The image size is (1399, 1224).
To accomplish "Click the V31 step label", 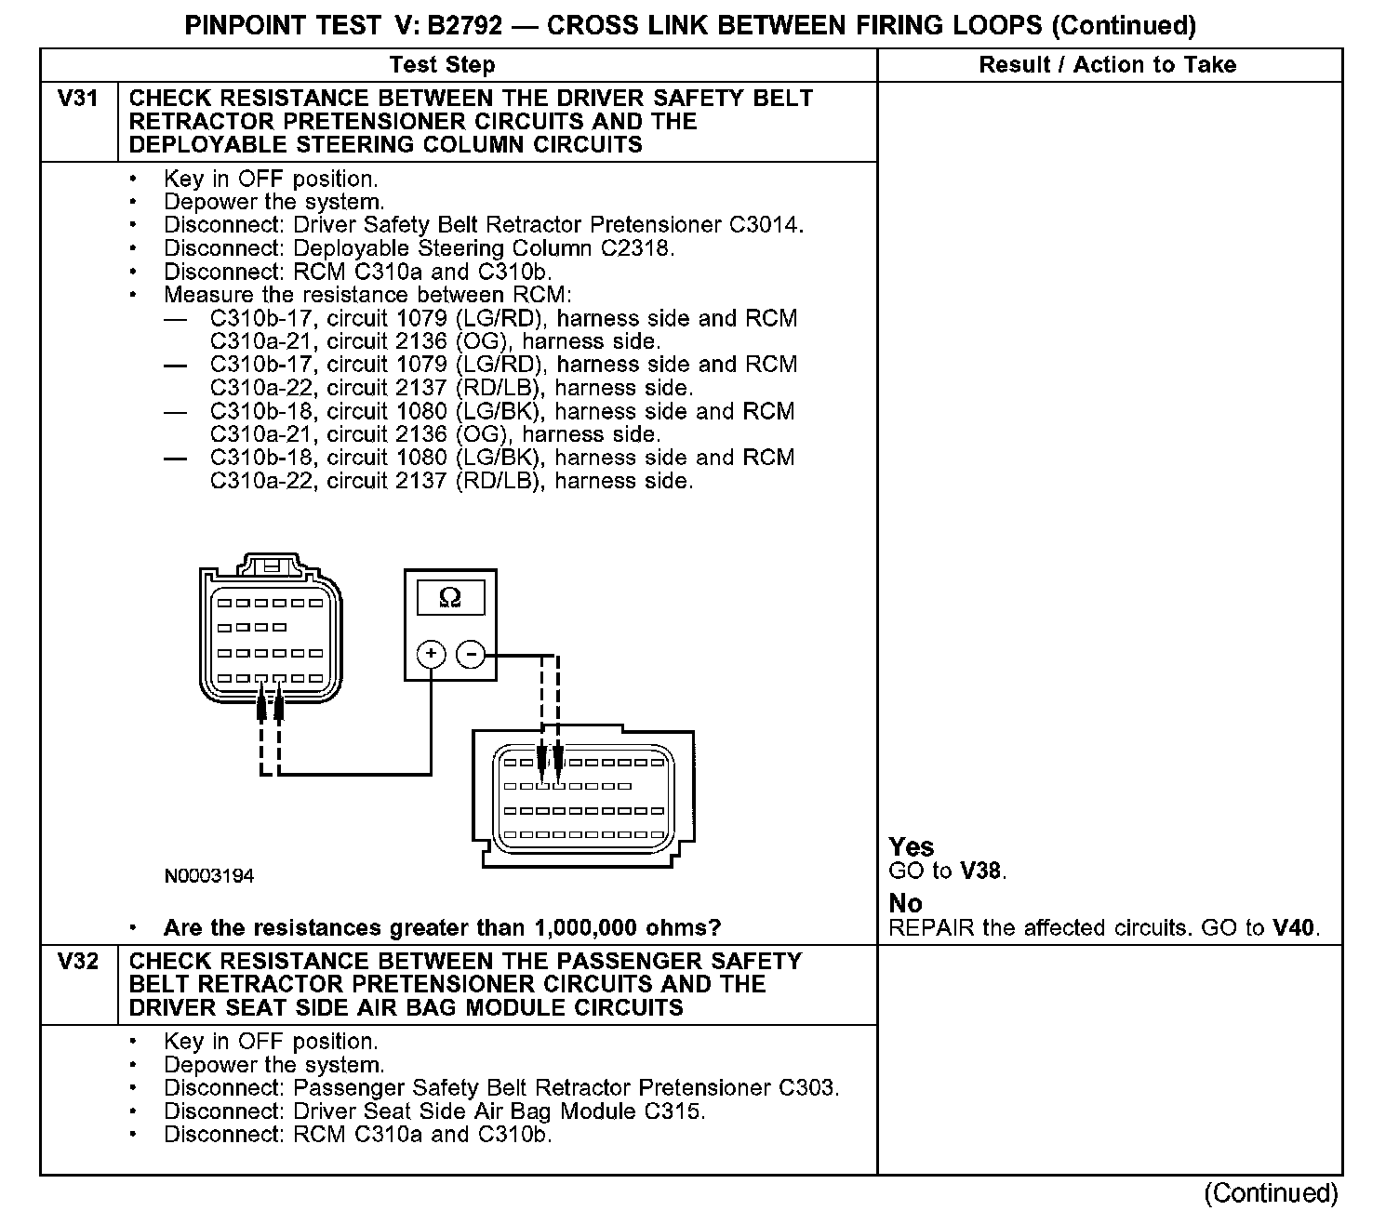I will [78, 99].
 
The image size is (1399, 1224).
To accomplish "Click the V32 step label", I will [78, 961].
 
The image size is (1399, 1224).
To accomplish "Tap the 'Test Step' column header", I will [442, 65].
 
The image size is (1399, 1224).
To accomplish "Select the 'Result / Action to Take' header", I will [1107, 65].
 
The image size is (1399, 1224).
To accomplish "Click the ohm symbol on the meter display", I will [449, 596].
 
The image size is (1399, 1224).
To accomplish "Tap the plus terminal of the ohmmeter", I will [431, 655].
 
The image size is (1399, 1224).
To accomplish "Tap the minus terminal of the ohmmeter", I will [471, 655].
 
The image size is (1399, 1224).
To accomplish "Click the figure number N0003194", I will [209, 876].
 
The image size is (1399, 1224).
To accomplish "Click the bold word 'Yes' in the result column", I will [911, 846].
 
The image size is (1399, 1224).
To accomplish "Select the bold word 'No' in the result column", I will [905, 903].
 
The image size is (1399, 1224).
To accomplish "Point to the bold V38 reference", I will [982, 871].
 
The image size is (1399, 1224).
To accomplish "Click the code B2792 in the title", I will [464, 25].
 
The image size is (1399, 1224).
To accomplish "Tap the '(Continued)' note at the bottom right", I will [1270, 1193].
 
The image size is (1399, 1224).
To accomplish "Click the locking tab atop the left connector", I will [271, 565].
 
